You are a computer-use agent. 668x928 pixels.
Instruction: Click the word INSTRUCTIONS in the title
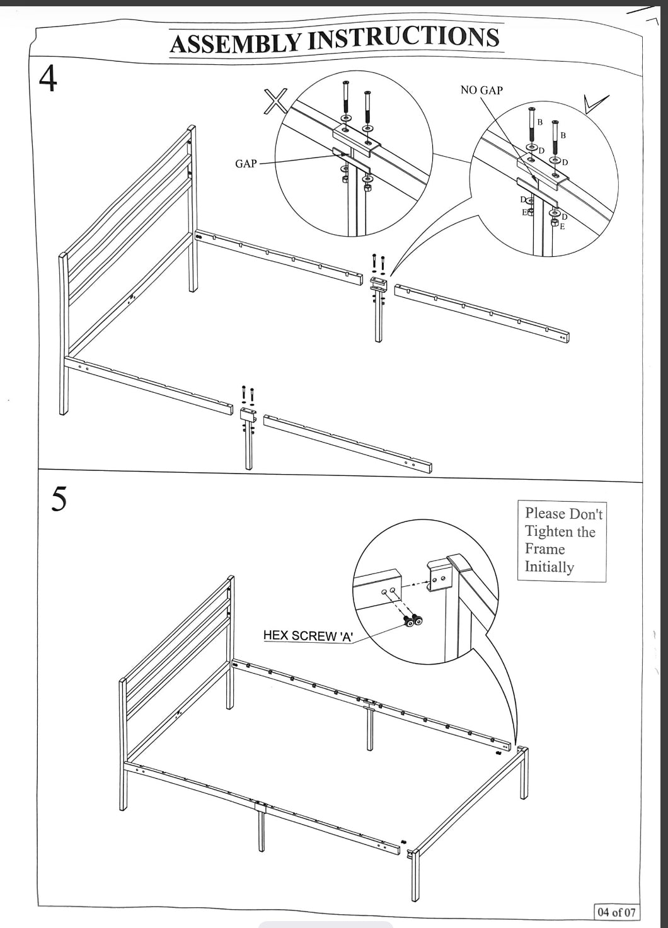pyautogui.click(x=403, y=38)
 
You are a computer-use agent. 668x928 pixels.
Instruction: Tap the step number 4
pyautogui.click(x=48, y=79)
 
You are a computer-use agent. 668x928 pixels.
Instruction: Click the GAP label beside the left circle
pyautogui.click(x=246, y=164)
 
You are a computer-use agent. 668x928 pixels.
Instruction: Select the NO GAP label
pyautogui.click(x=481, y=90)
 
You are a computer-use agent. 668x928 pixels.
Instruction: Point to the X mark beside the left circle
pyautogui.click(x=275, y=101)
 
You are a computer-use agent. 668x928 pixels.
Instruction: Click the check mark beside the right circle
pyautogui.click(x=595, y=103)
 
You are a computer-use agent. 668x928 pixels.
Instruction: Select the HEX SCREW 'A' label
pyautogui.click(x=308, y=635)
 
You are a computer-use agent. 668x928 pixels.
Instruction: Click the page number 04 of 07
pyautogui.click(x=616, y=911)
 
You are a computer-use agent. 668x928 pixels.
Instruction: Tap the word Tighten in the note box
pyautogui.click(x=550, y=531)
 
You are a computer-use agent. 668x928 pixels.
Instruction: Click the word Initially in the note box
pyautogui.click(x=549, y=567)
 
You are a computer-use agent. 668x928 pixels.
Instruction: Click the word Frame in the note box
pyautogui.click(x=544, y=549)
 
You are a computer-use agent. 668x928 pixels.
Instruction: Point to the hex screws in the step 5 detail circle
pyautogui.click(x=413, y=621)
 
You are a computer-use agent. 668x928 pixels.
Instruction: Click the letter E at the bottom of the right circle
pyautogui.click(x=562, y=226)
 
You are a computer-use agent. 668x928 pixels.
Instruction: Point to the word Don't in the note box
pyautogui.click(x=586, y=514)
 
